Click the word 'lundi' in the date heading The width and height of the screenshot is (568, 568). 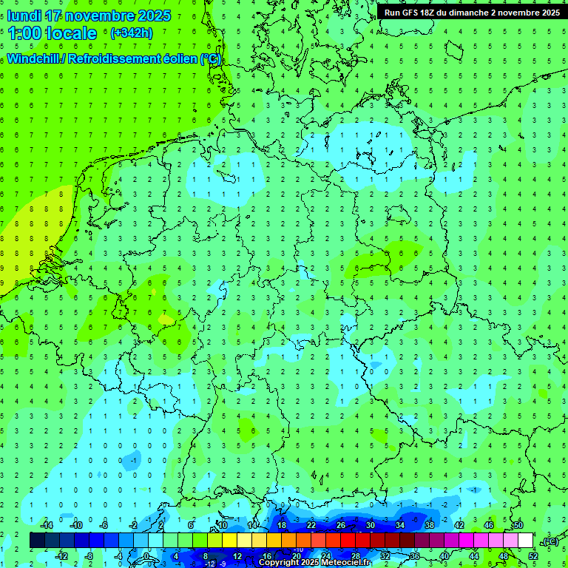(24, 16)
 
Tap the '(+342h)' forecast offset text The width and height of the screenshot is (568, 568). (131, 33)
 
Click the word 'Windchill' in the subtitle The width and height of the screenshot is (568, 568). (35, 58)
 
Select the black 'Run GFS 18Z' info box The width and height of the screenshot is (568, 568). (472, 12)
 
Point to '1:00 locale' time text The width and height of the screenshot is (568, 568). (52, 33)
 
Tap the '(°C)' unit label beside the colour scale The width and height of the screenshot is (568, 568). (549, 541)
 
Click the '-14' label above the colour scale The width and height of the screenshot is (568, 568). (46, 525)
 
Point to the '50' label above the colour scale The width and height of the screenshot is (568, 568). (518, 525)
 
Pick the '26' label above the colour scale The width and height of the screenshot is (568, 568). (341, 525)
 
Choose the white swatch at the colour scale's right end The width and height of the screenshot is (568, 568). (525, 541)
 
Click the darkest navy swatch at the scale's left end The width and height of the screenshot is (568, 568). (37, 541)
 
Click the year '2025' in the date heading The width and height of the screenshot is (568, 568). (154, 16)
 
